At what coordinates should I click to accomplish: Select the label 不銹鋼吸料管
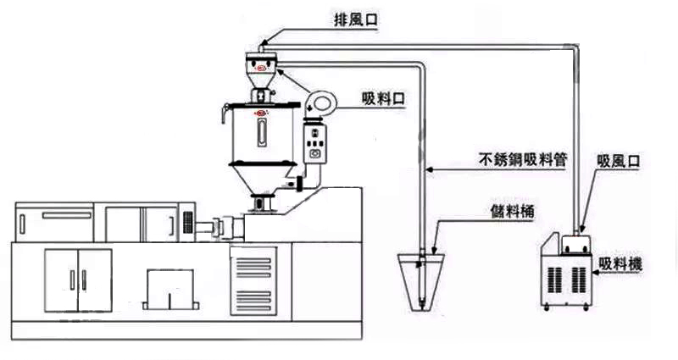[x=523, y=158]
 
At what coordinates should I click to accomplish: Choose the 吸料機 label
[x=620, y=265]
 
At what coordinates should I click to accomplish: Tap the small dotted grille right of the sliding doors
[x=186, y=221]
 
